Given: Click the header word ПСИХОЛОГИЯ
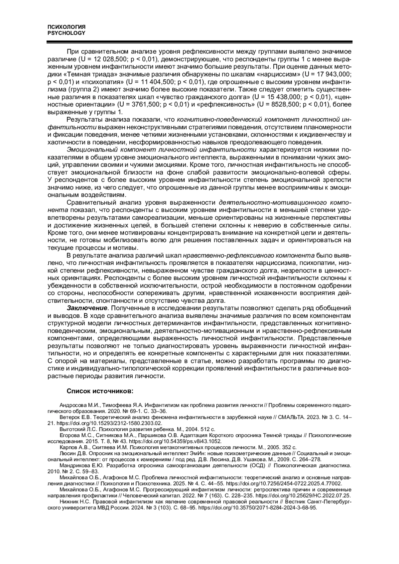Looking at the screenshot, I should click(66, 27).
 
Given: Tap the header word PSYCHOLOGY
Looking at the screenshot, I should click(66, 33).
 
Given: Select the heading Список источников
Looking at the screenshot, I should click(100, 391).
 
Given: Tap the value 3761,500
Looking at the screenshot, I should click(145, 104).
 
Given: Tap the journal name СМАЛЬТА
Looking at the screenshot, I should click(292, 417).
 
